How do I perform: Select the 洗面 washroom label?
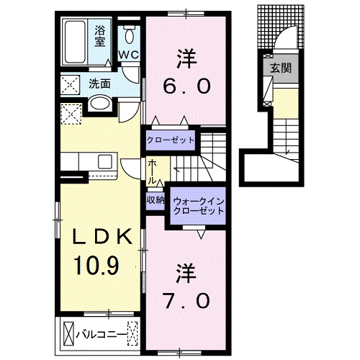point(100,84)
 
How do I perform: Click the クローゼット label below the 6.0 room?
point(171,140)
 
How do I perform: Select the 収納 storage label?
point(156,199)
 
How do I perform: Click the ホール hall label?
point(153,172)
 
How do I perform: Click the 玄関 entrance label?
point(280,69)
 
